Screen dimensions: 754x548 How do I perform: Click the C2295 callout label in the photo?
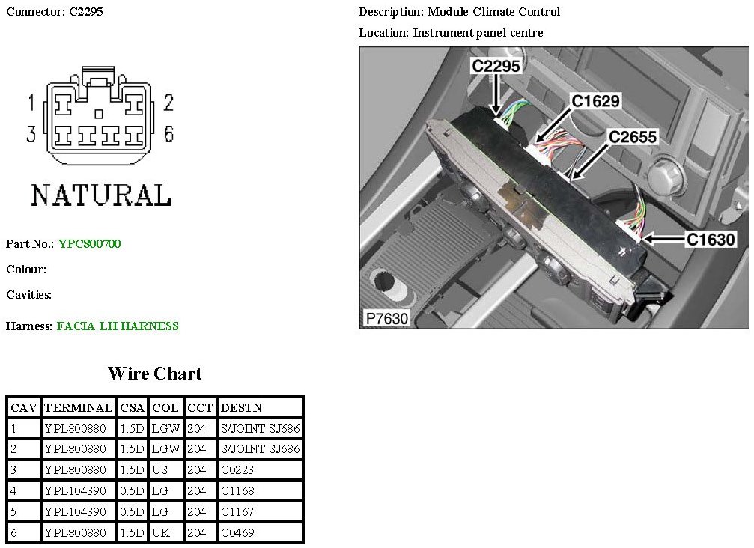point(496,65)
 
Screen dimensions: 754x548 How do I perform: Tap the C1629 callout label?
point(595,101)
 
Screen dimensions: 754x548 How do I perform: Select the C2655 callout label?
point(633,137)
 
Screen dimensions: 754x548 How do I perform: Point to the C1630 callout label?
point(711,239)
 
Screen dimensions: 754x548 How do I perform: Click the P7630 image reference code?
point(386,318)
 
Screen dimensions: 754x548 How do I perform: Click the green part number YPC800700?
point(89,244)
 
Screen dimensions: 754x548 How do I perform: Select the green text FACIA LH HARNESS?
point(118,326)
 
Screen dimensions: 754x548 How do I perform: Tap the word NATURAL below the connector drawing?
point(101,195)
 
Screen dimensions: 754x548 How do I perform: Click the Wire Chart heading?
point(155,373)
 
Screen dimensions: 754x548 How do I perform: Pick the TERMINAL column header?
point(78,408)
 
